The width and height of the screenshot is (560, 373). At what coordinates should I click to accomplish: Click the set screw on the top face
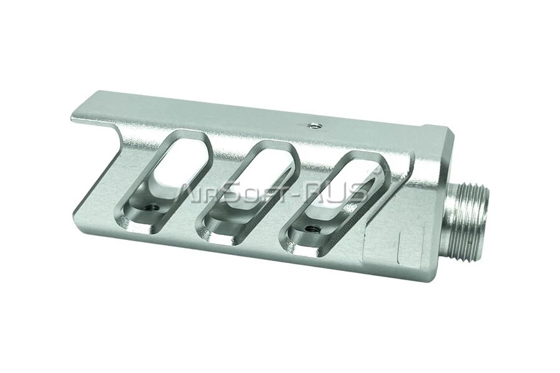[315, 126]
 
